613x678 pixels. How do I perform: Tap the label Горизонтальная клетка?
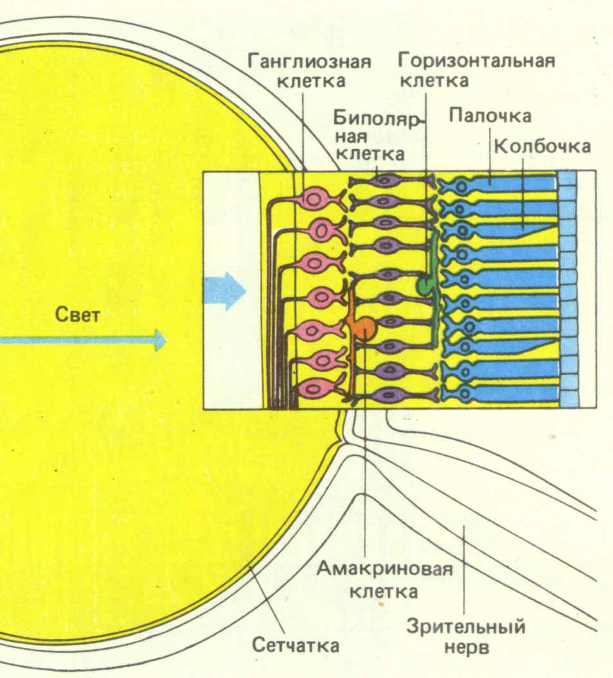pos(475,72)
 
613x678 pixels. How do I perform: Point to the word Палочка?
pos(490,116)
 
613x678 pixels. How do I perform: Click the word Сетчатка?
pos(295,645)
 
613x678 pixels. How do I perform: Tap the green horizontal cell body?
pos(425,284)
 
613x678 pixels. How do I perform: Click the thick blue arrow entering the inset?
pos(225,291)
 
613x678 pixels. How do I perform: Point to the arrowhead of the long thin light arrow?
pos(161,340)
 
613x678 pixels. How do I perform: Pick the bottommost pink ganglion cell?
pos(314,388)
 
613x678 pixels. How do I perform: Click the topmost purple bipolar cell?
pos(384,182)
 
